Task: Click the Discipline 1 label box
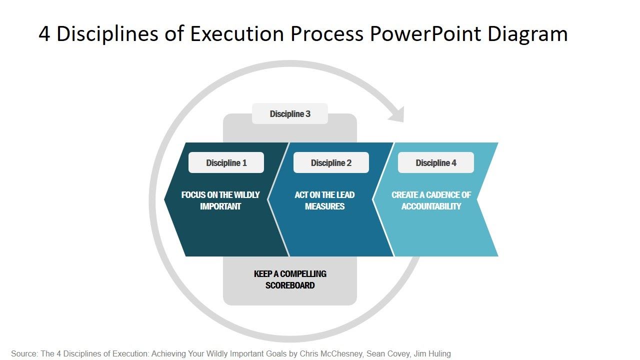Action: pos(226,162)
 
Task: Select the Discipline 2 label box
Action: pos(331,162)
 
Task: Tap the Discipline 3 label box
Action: pos(290,113)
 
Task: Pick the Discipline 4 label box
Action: pos(436,162)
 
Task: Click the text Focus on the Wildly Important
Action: pos(220,200)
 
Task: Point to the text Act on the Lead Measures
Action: pos(324,200)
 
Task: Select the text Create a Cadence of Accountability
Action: pos(431,200)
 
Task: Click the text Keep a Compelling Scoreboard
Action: pos(290,279)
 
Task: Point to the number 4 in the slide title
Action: pos(44,34)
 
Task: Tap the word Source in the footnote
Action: pos(23,353)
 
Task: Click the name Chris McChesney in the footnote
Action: pos(331,353)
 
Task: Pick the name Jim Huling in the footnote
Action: pos(432,353)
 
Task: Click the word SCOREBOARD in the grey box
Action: pos(290,285)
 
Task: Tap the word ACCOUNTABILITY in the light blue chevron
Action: pos(431,206)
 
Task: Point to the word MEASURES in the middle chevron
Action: pos(324,206)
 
